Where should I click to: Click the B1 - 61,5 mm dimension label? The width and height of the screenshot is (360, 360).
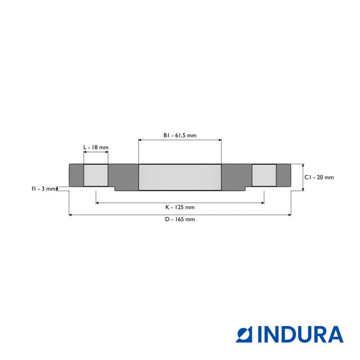point(180,136)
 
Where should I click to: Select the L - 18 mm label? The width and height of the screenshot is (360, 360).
point(96,147)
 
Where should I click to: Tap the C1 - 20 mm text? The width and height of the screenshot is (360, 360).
point(319,177)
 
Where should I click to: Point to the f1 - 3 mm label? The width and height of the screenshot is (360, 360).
point(43,188)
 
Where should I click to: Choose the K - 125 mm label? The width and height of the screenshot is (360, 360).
point(180,208)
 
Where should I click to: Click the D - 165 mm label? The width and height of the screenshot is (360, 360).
point(180,219)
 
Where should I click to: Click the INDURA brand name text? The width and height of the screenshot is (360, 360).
point(300,334)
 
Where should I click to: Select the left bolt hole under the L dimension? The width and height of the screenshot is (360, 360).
point(96,175)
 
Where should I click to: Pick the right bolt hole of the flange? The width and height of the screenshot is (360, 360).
point(263,175)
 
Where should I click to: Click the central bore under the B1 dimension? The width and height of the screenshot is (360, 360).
point(180,177)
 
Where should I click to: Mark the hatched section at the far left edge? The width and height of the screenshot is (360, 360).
point(76,175)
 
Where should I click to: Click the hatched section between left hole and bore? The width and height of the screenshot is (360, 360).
point(123,177)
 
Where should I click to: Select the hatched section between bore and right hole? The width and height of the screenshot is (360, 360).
point(236,177)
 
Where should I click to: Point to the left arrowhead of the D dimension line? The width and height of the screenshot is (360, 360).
point(70,214)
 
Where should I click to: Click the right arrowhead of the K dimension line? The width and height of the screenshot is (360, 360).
point(262,202)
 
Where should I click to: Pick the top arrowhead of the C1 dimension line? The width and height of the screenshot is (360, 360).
point(303,166)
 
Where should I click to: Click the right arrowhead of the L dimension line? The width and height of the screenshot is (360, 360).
point(107,152)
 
